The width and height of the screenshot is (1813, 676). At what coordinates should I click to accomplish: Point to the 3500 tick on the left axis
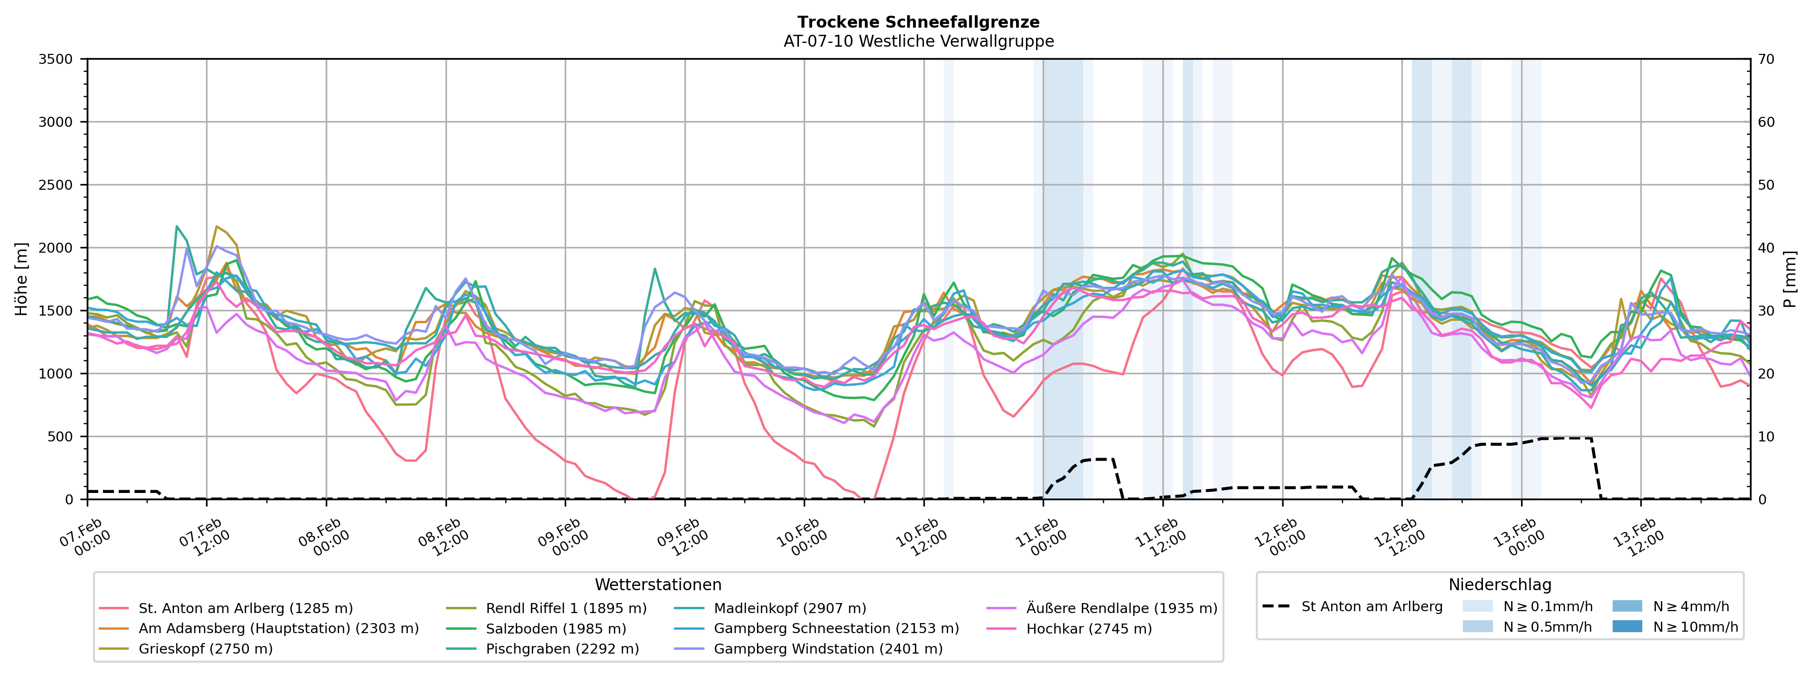tap(56, 59)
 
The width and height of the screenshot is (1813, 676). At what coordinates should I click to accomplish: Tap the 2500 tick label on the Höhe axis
tap(56, 185)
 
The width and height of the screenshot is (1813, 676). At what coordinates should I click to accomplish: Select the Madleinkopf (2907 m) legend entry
tap(790, 608)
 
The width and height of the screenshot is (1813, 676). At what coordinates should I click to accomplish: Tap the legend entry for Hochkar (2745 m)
tap(1089, 629)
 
